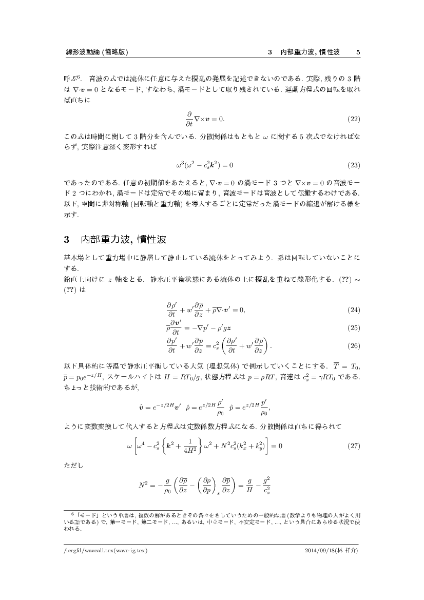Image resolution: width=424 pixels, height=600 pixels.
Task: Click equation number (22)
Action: point(354,119)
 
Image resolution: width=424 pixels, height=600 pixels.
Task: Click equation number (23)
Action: point(354,165)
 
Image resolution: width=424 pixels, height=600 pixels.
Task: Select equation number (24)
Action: point(354,310)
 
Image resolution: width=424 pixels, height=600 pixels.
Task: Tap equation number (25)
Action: point(354,327)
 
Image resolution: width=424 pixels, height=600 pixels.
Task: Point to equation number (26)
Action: point(354,345)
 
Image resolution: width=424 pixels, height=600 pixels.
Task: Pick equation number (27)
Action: point(354,445)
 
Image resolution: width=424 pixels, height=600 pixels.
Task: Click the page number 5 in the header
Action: point(358,52)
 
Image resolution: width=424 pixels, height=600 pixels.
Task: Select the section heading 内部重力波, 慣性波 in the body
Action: point(123,240)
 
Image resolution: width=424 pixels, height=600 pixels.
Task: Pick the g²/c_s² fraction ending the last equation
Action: point(267,485)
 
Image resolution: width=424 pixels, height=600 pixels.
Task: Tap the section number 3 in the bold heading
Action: point(66,240)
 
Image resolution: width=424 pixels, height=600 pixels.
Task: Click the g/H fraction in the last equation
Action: point(248,485)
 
